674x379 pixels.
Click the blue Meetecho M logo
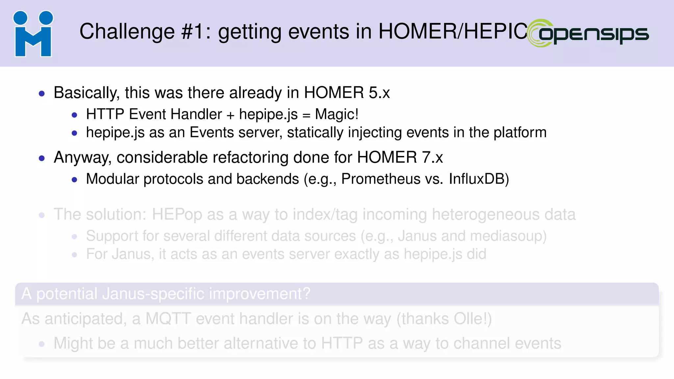(33, 34)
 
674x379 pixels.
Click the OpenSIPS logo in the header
(588, 33)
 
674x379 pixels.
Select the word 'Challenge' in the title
(127, 32)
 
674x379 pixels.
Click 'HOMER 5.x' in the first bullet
(347, 92)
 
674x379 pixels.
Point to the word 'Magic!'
(336, 114)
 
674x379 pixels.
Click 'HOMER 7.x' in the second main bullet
(400, 157)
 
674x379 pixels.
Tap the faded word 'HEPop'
(177, 215)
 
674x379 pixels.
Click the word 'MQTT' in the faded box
(168, 319)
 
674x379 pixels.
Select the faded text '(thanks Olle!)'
(444, 319)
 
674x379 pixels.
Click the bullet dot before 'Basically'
(41, 94)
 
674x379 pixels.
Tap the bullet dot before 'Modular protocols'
(74, 180)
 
